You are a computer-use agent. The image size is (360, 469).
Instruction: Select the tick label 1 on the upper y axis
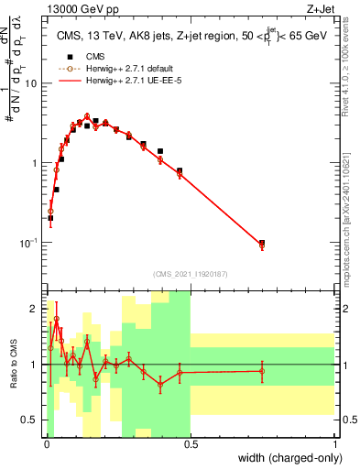[35, 163]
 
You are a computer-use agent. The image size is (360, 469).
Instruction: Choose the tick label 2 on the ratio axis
[35, 309]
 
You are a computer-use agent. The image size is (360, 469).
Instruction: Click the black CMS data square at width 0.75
[262, 243]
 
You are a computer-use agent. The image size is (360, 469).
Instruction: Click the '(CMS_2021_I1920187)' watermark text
[191, 272]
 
